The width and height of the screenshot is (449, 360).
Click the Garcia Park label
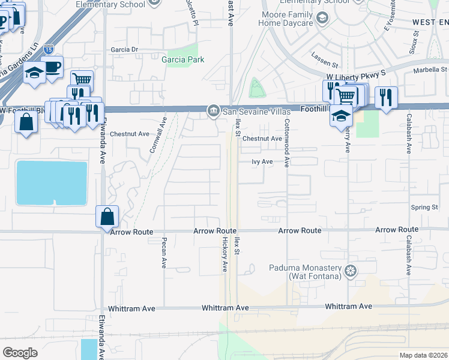[182, 59]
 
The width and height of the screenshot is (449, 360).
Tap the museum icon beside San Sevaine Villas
[212, 112]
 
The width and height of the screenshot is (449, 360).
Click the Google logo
[20, 352]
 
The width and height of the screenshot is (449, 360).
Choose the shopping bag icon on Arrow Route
[107, 216]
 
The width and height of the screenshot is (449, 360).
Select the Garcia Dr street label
[124, 50]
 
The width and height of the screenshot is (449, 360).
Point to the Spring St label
[424, 208]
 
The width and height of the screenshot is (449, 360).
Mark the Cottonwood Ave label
[287, 147]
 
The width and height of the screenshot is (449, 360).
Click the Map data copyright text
[423, 355]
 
